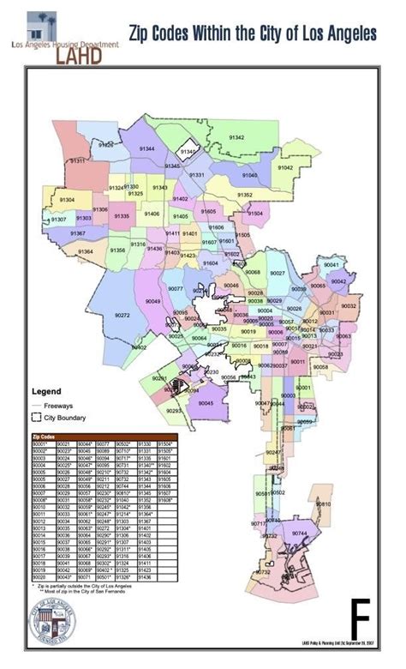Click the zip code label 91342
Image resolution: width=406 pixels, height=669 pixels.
point(236,137)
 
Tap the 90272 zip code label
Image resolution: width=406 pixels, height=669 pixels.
point(122,316)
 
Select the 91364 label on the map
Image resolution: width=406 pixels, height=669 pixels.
point(86,251)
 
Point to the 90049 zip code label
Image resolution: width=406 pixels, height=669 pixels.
point(153,302)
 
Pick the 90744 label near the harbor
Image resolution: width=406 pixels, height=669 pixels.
point(299,533)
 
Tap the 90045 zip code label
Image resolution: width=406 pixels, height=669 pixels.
point(206,402)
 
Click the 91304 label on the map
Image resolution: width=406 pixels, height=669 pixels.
point(67,200)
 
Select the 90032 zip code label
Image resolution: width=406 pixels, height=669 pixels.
point(349,306)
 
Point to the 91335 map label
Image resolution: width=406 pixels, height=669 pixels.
point(121,217)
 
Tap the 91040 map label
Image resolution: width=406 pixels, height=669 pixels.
point(249,175)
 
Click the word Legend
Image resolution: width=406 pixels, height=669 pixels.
point(45,391)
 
